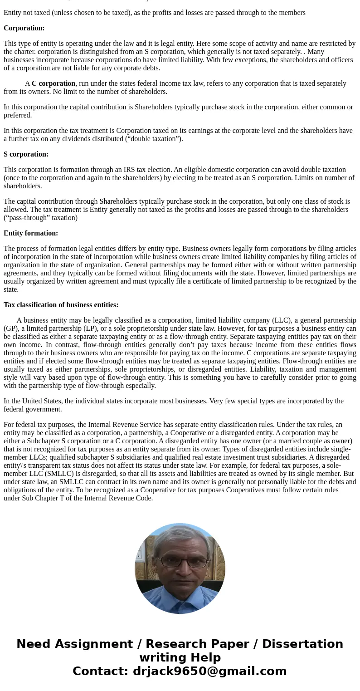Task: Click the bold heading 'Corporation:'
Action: pos(24,28)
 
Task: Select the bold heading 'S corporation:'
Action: pos(26,154)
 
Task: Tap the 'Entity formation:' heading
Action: pos(31,233)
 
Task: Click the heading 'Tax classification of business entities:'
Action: pos(61,305)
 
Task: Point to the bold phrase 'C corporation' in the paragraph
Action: pos(54,83)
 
